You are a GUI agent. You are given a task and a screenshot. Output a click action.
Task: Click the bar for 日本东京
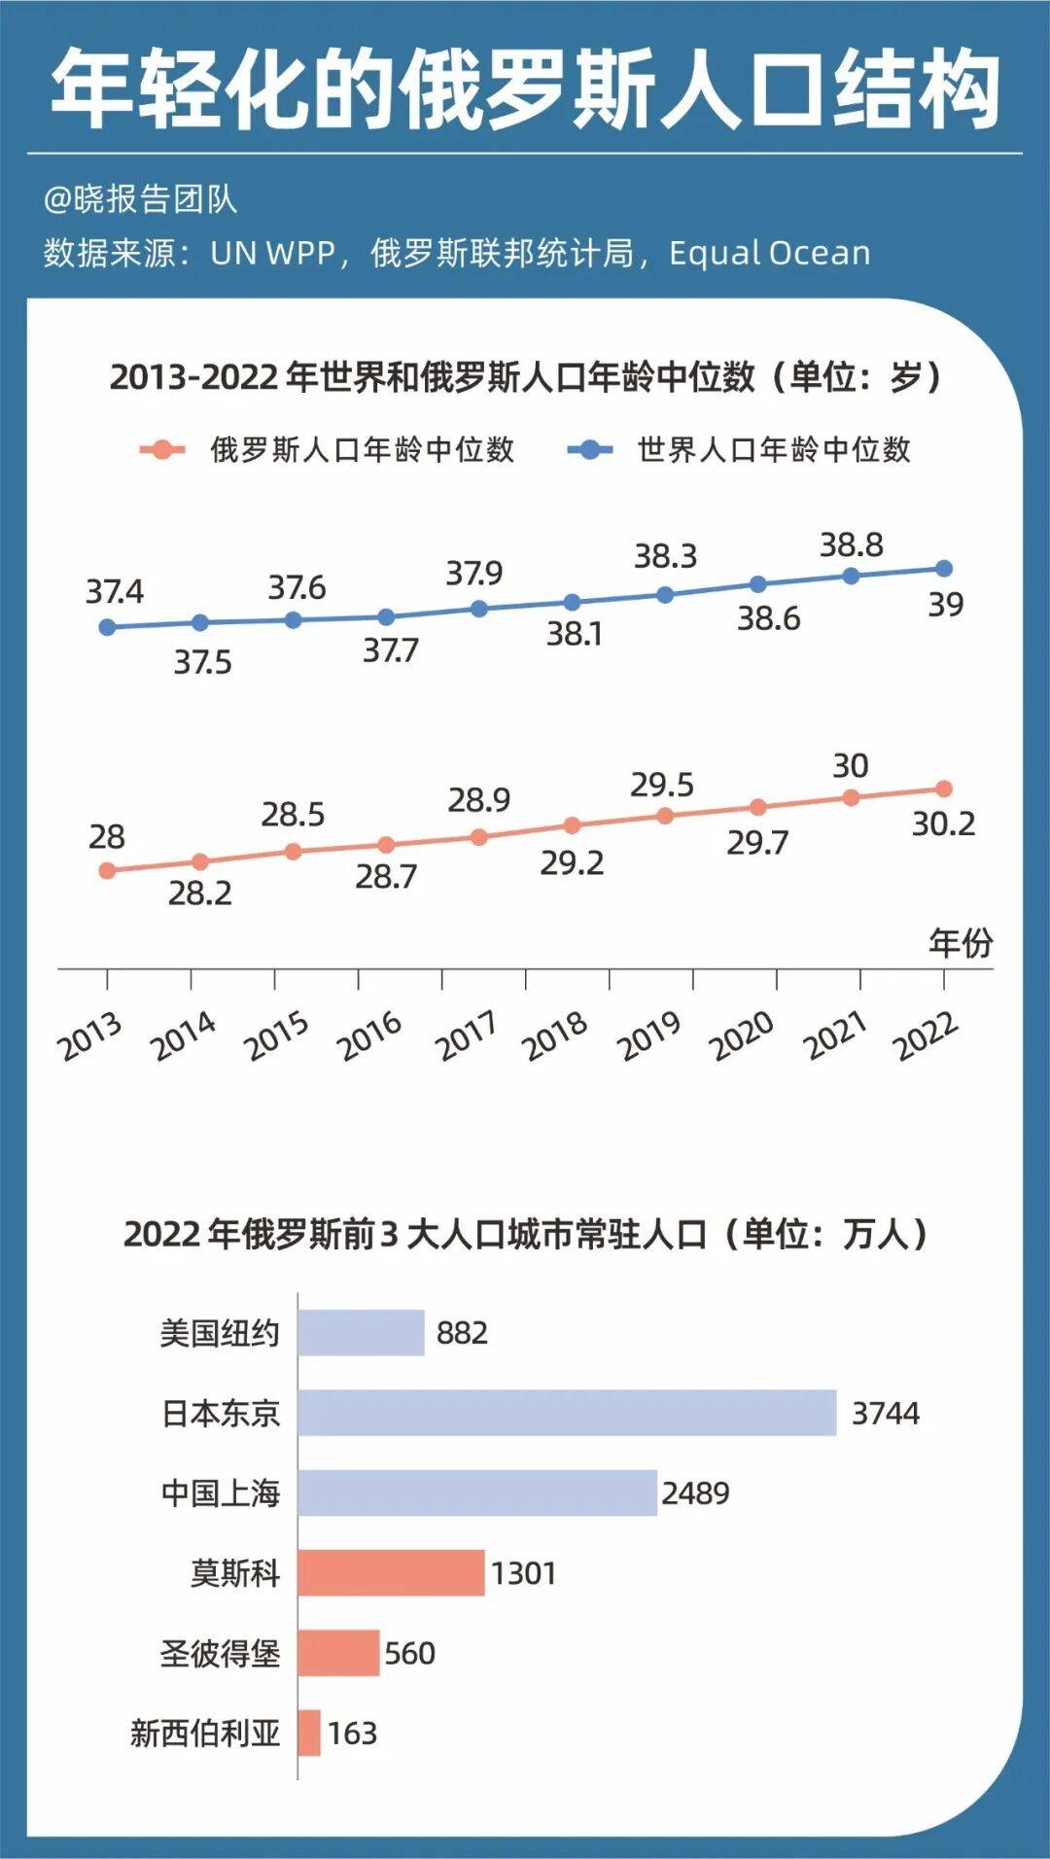(x=567, y=1412)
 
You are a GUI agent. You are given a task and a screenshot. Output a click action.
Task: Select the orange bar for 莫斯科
(x=391, y=1572)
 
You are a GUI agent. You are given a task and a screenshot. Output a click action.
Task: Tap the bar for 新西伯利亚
(x=309, y=1733)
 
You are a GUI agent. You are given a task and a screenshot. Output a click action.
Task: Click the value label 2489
(x=695, y=1492)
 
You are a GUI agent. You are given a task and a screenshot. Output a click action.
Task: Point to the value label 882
(x=462, y=1332)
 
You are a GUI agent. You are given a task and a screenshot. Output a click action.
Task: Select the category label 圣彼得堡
(x=220, y=1653)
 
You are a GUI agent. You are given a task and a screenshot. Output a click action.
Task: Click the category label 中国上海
(x=220, y=1492)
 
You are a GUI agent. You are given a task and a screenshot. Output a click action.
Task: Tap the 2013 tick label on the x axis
(x=90, y=1036)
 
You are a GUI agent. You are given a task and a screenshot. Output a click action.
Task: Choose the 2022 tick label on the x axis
(x=927, y=1036)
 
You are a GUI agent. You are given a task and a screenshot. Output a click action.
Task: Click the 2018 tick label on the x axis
(x=555, y=1036)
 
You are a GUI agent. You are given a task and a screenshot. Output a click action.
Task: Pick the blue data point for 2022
(x=943, y=569)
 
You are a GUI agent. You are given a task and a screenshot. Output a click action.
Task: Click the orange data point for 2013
(x=107, y=870)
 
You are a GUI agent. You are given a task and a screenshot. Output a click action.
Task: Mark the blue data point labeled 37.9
(x=478, y=609)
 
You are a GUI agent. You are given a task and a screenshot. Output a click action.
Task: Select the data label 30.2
(x=943, y=824)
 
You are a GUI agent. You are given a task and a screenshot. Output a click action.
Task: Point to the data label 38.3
(x=666, y=556)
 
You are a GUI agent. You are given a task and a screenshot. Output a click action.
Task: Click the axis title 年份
(x=961, y=942)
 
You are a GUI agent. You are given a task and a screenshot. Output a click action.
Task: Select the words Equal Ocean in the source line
(x=769, y=253)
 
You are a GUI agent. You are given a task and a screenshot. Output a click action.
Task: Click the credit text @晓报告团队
(x=140, y=199)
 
